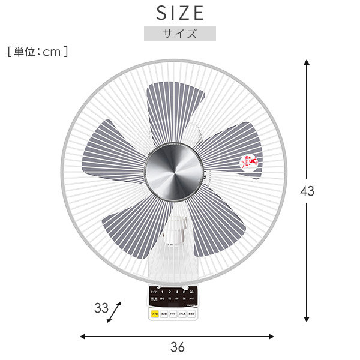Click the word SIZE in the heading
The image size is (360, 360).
[x=180, y=13]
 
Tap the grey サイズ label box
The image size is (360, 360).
[x=179, y=34]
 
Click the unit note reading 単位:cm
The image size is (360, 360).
[x=38, y=52]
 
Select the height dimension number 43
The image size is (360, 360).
[x=307, y=192]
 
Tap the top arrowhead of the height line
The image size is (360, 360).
[x=307, y=62]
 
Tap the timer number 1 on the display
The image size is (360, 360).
[x=163, y=292]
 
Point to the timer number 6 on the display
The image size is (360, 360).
[x=183, y=292]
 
